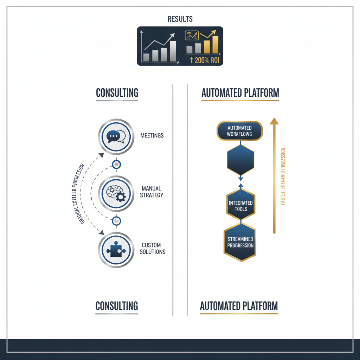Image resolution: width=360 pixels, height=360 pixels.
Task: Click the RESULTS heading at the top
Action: pos(180,19)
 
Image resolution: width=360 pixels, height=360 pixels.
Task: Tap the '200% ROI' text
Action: pos(204,60)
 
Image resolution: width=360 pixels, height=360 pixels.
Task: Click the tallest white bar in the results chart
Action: pos(173,51)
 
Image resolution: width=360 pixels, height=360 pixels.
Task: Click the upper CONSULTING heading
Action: pos(117,93)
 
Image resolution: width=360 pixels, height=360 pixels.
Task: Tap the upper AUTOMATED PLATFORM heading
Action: pos(240,93)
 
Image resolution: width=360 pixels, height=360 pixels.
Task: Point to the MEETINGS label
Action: pos(152,135)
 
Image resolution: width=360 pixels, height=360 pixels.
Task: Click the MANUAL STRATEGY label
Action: pos(152,192)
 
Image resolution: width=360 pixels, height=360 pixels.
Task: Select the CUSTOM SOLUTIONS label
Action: pos(152,248)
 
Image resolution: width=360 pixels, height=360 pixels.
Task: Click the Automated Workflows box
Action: pos(240,131)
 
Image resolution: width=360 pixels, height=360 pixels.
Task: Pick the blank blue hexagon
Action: pos(240,160)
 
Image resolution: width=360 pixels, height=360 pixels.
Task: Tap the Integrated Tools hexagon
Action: pos(241,206)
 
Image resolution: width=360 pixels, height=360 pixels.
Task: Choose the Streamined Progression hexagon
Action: pos(240,242)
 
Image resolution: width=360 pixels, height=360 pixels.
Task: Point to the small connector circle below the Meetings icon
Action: pos(116,164)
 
